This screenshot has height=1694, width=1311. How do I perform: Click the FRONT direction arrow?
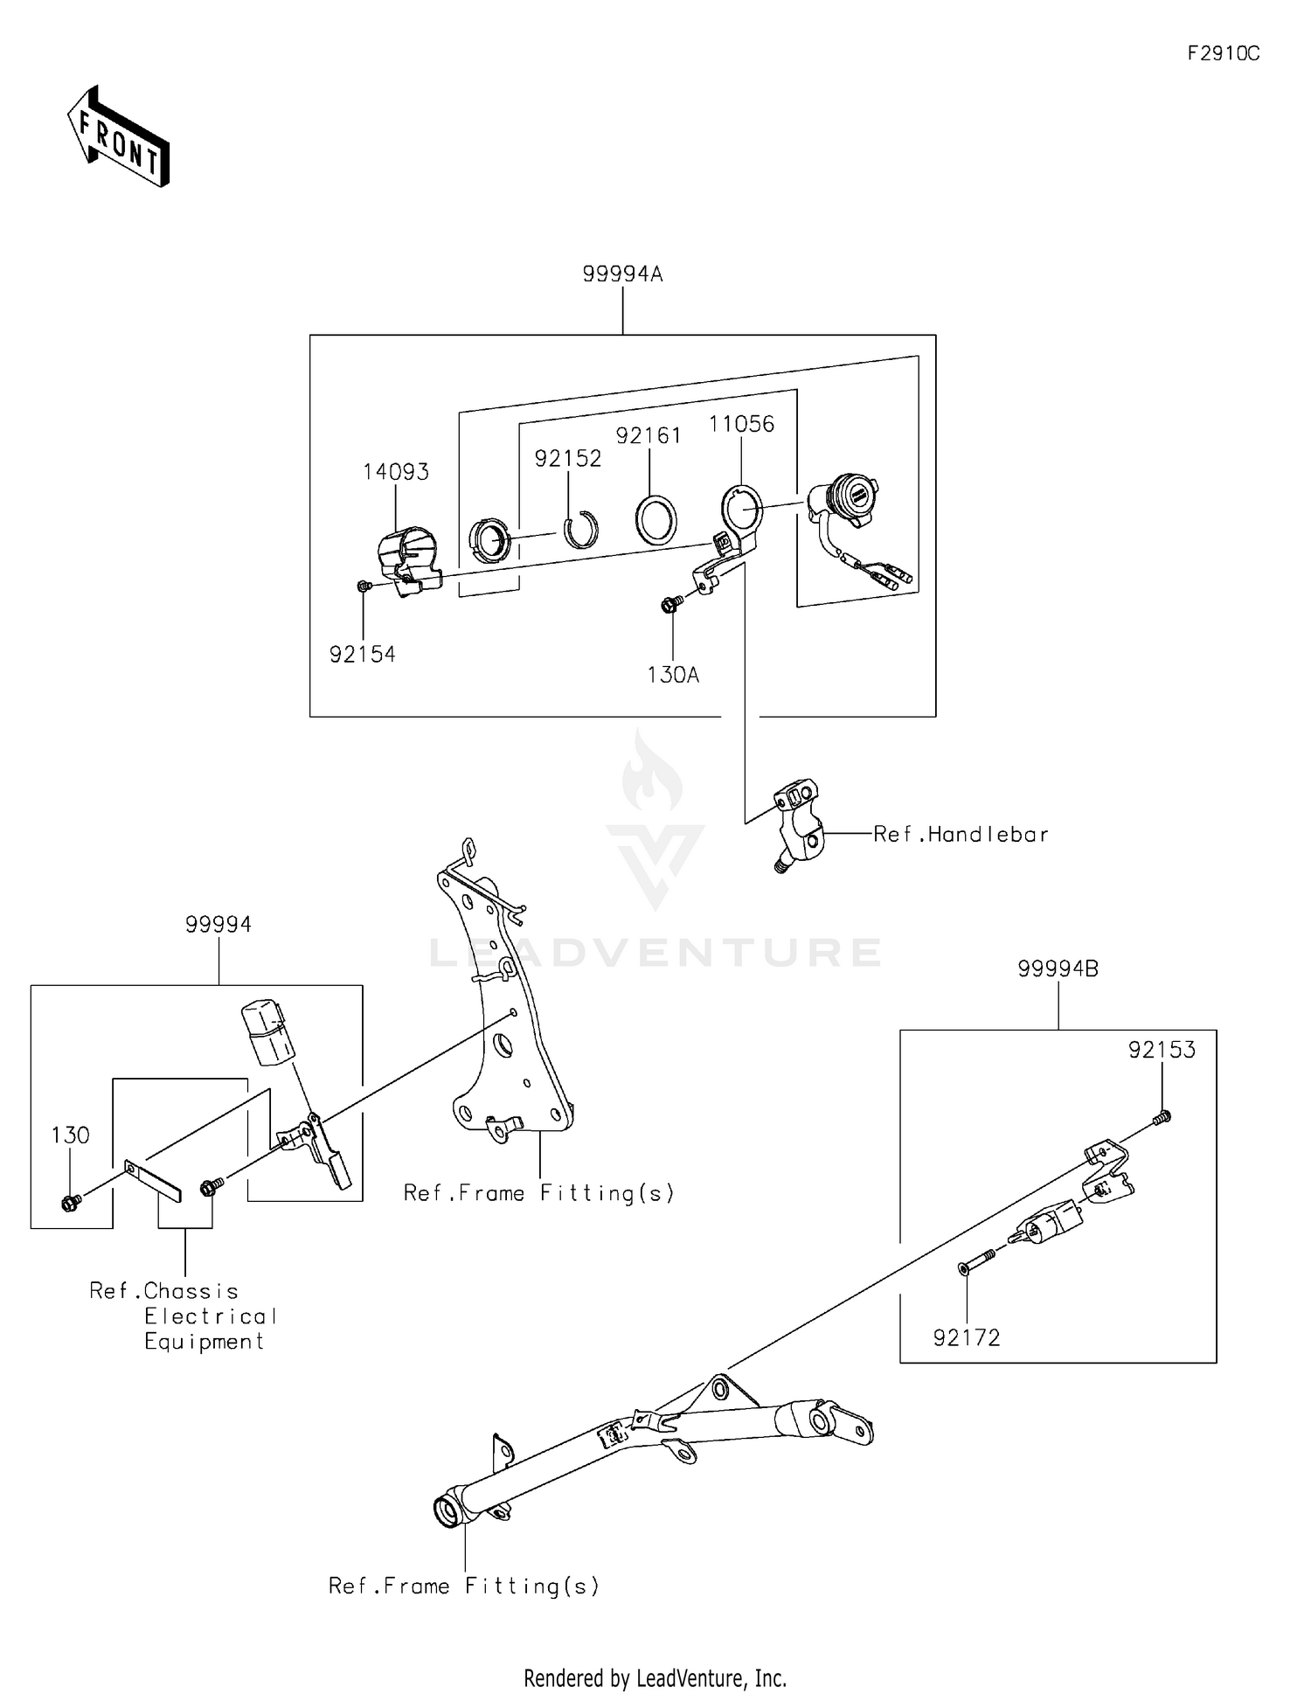pos(119,137)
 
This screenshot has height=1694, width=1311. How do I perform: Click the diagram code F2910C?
pos(1223,53)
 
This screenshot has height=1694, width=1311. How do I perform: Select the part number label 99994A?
pos(622,274)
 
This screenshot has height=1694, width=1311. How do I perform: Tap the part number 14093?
pos(396,472)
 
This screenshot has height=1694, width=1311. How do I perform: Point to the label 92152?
pos(568,459)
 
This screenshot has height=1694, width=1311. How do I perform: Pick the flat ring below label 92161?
pos(655,521)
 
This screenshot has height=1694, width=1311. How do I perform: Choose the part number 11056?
pos(741,424)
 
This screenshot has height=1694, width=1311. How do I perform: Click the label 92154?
pos(362,654)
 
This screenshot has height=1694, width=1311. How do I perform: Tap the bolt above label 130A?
pos(671,602)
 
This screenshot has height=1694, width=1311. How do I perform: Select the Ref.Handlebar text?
pos(961,835)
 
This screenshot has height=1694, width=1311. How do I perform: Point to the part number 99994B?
pos(1058,968)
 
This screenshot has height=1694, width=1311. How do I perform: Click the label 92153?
pos(1162,1050)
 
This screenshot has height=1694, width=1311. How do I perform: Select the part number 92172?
pos(966,1337)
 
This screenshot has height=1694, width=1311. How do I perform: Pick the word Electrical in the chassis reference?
pos(211,1316)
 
